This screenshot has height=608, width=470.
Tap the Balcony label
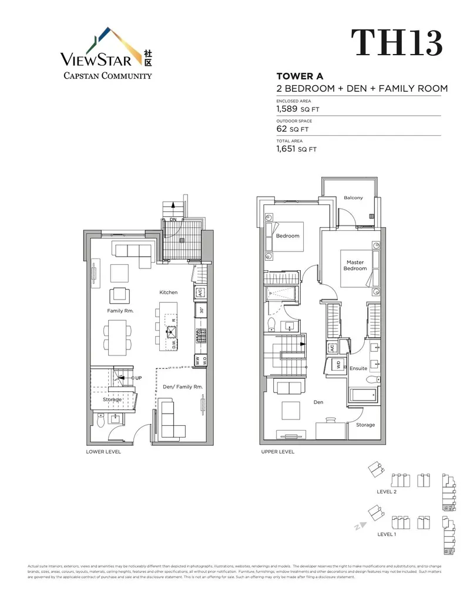(353, 198)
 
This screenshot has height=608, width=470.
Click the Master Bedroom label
(355, 266)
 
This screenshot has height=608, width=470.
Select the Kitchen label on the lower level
(168, 292)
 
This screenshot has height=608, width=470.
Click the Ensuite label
(358, 368)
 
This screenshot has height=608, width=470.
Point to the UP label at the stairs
(138, 378)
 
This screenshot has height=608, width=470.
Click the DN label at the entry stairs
(173, 220)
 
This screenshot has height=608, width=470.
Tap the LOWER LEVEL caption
(103, 452)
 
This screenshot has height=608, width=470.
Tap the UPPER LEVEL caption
(277, 452)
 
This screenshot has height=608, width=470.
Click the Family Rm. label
(120, 310)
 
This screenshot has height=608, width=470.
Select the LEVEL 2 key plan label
(387, 492)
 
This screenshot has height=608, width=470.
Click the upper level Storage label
(365, 425)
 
